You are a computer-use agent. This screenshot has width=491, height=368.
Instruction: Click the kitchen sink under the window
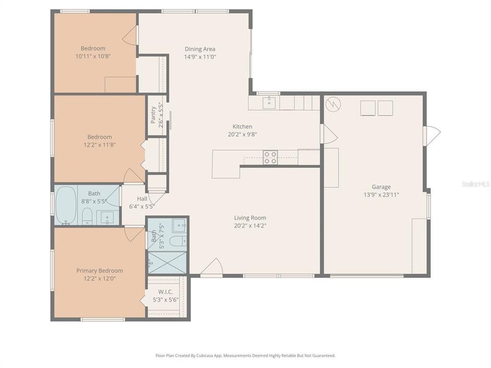[x=269, y=103]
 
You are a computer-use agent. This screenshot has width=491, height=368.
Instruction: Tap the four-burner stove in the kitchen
[x=270, y=157]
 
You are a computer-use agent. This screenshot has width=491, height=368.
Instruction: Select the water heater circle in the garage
[x=333, y=105]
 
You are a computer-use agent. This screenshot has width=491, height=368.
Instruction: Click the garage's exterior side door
[x=432, y=135]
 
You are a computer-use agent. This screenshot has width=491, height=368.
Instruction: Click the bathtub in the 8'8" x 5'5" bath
[x=65, y=205]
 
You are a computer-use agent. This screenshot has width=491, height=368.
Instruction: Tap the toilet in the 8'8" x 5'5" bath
[x=87, y=217]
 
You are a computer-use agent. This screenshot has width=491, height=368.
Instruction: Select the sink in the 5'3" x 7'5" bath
[x=179, y=225]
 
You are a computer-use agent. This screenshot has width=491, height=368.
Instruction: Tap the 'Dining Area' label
[x=200, y=49]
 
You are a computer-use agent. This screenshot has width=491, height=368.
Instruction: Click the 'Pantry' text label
[x=153, y=115]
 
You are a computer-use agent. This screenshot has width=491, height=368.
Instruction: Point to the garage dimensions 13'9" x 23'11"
[x=382, y=195]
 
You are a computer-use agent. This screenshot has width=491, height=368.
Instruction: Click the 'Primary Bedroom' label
[x=100, y=271]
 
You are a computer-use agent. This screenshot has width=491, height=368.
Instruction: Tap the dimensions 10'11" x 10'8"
[x=93, y=56]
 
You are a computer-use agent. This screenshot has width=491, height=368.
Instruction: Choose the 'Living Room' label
[x=250, y=218]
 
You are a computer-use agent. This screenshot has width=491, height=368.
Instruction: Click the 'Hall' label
[x=142, y=199]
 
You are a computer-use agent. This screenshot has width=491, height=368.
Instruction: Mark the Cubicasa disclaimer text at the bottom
[x=245, y=355]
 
